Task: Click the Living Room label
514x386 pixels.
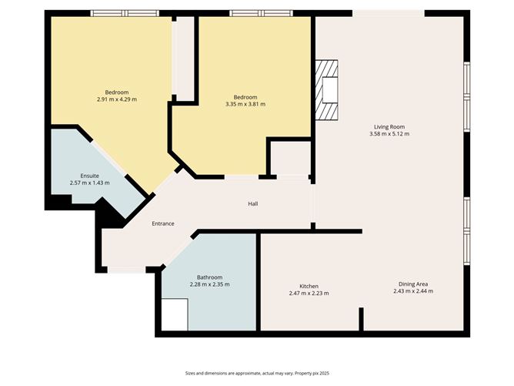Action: coord(389,127)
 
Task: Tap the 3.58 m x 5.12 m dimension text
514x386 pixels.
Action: coord(389,135)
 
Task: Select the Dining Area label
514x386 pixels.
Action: coord(413,284)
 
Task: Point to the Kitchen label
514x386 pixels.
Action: coord(309,286)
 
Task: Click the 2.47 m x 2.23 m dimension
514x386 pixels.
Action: coord(309,294)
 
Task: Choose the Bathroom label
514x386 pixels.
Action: coord(209,277)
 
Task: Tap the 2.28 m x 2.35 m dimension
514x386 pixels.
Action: coord(209,285)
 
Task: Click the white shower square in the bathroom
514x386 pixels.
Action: coord(175,314)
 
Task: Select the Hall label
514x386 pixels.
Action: coord(252,204)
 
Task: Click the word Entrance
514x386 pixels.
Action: coord(162,224)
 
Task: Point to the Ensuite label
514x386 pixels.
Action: coord(89,176)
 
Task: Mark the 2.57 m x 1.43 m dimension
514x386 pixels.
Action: coord(89,183)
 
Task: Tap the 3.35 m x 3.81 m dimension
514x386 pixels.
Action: coord(245,105)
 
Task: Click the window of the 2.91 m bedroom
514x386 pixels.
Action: coord(125,13)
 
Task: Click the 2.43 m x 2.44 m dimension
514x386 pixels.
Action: coord(413,291)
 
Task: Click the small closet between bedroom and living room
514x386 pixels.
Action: coord(289,159)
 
